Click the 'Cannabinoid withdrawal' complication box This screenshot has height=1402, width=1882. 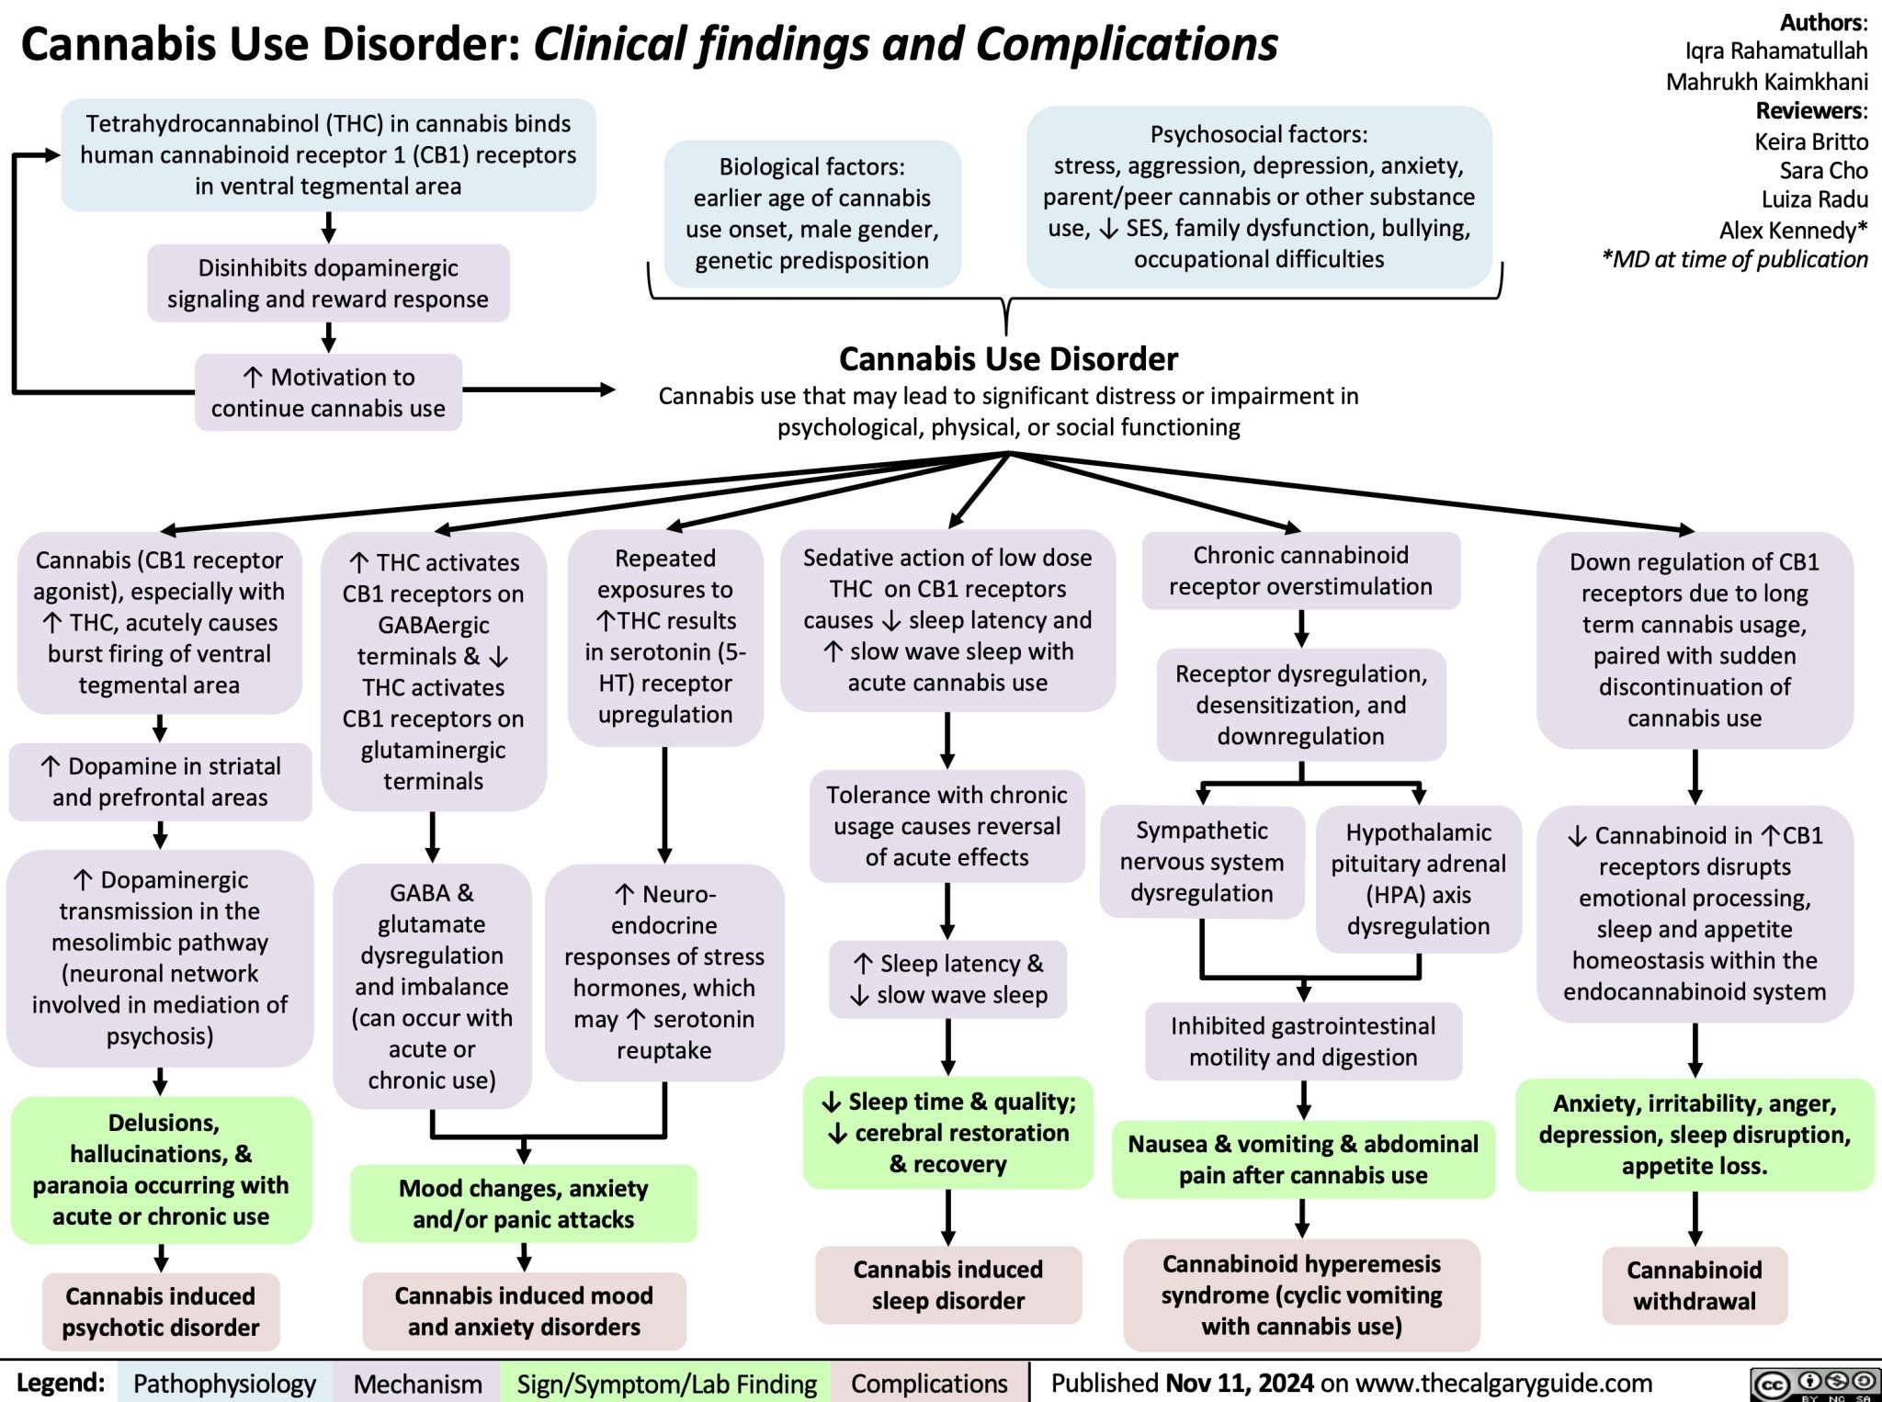point(1694,1284)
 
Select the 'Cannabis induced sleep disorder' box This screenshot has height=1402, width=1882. point(947,1284)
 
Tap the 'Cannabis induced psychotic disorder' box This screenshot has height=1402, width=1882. point(161,1311)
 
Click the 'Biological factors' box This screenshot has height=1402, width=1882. point(811,213)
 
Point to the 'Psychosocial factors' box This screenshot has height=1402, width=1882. point(1258,197)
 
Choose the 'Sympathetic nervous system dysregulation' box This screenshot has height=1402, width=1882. point(1201,862)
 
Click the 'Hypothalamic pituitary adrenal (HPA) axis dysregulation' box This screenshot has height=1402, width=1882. point(1418,878)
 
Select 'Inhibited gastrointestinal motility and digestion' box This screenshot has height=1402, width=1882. point(1302,1041)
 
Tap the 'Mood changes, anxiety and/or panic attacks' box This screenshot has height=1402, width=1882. point(523,1203)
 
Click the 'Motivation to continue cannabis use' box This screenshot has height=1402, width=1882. point(328,392)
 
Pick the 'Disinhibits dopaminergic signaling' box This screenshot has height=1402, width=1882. point(328,283)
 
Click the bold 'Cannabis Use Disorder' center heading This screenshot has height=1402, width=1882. point(1008,358)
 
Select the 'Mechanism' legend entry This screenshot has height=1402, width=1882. point(417,1383)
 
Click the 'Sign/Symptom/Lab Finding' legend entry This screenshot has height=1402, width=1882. point(666,1383)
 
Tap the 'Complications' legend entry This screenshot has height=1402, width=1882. point(929,1383)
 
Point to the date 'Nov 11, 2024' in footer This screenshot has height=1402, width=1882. point(1239,1383)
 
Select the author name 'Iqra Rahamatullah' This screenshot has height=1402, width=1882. point(1775,51)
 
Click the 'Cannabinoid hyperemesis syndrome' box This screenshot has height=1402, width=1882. point(1301,1294)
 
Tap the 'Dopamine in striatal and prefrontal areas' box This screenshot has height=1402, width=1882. point(161,782)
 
